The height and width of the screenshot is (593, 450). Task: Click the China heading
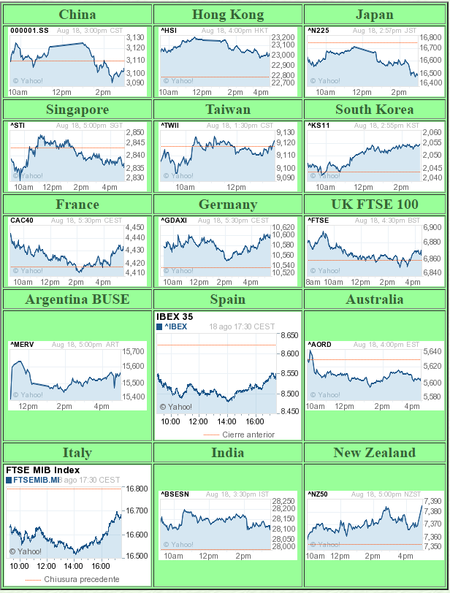pyautogui.click(x=77, y=15)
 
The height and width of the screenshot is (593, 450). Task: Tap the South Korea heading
pyautogui.click(x=374, y=110)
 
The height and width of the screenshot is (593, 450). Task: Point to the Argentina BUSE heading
pyautogui.click(x=77, y=299)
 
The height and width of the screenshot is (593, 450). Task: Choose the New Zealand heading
pyautogui.click(x=374, y=453)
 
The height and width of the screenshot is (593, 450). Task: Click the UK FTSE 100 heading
pyautogui.click(x=374, y=204)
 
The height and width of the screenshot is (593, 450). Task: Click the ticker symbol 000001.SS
pyautogui.click(x=29, y=31)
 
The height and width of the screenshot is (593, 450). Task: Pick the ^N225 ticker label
pyautogui.click(x=319, y=31)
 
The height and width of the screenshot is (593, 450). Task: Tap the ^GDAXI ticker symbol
pyautogui.click(x=174, y=221)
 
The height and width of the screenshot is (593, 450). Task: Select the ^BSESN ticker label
pyautogui.click(x=175, y=494)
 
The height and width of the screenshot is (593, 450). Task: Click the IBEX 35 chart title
pyautogui.click(x=175, y=317)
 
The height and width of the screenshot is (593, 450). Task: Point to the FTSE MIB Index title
pyautogui.click(x=42, y=470)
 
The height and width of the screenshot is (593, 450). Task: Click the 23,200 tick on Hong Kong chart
pyautogui.click(x=282, y=37)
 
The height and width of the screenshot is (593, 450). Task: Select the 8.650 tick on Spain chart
pyautogui.click(x=289, y=336)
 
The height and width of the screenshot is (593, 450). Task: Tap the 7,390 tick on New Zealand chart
pyautogui.click(x=432, y=502)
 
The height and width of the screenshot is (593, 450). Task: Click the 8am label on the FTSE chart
pyautogui.click(x=313, y=282)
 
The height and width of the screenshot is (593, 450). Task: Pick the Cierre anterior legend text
pyautogui.click(x=248, y=435)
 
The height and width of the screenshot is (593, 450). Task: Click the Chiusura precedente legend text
pyautogui.click(x=81, y=579)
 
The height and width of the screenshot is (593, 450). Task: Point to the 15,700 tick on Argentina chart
pyautogui.click(x=133, y=351)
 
